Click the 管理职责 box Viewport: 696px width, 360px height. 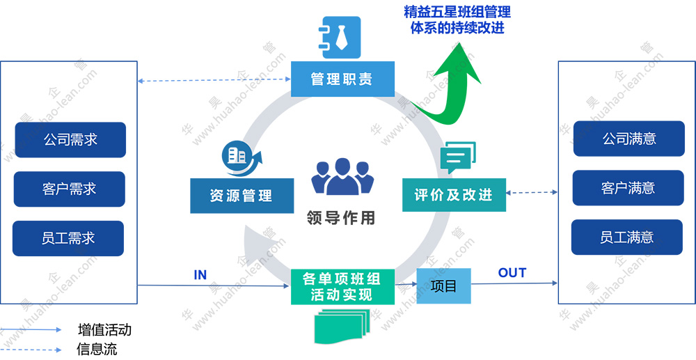[342, 79]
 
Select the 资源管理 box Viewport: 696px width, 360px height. [241, 196]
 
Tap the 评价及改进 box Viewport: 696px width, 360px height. [454, 194]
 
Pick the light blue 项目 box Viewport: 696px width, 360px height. [443, 285]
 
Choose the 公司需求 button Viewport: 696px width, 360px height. [70, 140]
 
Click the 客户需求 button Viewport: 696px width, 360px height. [70, 189]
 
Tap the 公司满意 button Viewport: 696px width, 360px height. [629, 139]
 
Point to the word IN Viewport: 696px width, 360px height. [200, 275]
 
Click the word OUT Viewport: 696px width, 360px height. [512, 273]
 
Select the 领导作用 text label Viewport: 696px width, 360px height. [341, 218]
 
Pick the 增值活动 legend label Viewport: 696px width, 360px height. [104, 330]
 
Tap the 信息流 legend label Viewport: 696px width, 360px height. [97, 350]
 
